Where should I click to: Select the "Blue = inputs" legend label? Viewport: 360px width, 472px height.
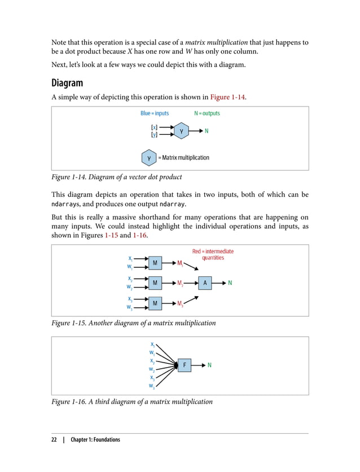pyautogui.click(x=155, y=113)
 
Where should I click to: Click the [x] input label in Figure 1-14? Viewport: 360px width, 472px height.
pyautogui.click(x=154, y=127)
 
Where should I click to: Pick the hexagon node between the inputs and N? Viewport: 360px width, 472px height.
pyautogui.click(x=181, y=131)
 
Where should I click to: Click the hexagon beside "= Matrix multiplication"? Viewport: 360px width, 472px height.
pyautogui.click(x=148, y=157)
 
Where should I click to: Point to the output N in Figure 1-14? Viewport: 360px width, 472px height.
pyautogui.click(x=207, y=131)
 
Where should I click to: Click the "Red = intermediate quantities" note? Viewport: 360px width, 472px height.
pyautogui.click(x=213, y=254)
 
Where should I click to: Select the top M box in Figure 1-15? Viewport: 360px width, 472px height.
pyautogui.click(x=155, y=263)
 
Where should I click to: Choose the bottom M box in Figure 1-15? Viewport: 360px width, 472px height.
pyautogui.click(x=155, y=304)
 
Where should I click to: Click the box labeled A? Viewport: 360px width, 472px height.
pyautogui.click(x=205, y=283)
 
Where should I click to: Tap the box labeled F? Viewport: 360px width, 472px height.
pyautogui.click(x=185, y=365)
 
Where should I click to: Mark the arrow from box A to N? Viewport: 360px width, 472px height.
pyautogui.click(x=219, y=283)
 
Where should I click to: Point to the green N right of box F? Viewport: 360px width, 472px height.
pyautogui.click(x=210, y=365)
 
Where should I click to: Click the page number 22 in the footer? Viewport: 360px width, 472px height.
pyautogui.click(x=55, y=440)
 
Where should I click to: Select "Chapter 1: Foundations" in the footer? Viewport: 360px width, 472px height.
pyautogui.click(x=95, y=440)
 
